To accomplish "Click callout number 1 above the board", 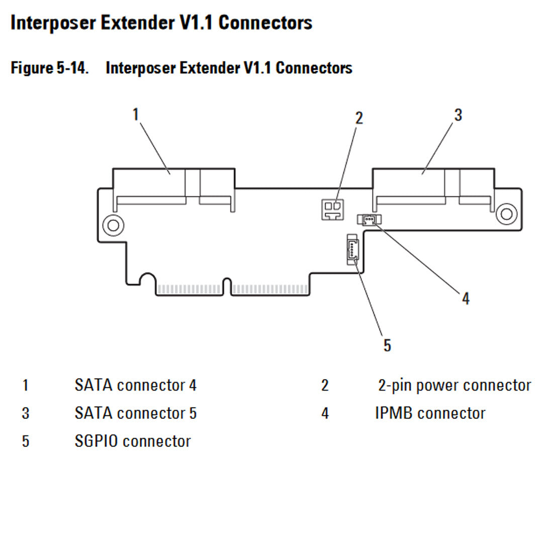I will tap(135, 115).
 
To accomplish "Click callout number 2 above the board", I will tap(358, 118).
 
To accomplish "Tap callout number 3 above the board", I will tap(458, 115).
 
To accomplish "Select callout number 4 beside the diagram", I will tap(466, 298).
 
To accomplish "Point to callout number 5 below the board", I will tap(387, 345).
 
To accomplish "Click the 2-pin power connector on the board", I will tap(332, 210).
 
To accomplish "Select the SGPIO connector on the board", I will tap(352, 249).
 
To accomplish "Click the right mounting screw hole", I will tap(506, 214).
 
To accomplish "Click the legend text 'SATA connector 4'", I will tap(135, 386).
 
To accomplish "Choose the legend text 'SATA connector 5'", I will tap(135, 413).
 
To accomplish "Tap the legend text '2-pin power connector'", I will tap(454, 386).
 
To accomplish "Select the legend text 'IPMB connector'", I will tap(430, 413).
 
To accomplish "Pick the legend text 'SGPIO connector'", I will tap(132, 441).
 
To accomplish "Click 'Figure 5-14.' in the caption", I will tap(50, 67).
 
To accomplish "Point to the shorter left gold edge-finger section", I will tap(189, 290).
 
